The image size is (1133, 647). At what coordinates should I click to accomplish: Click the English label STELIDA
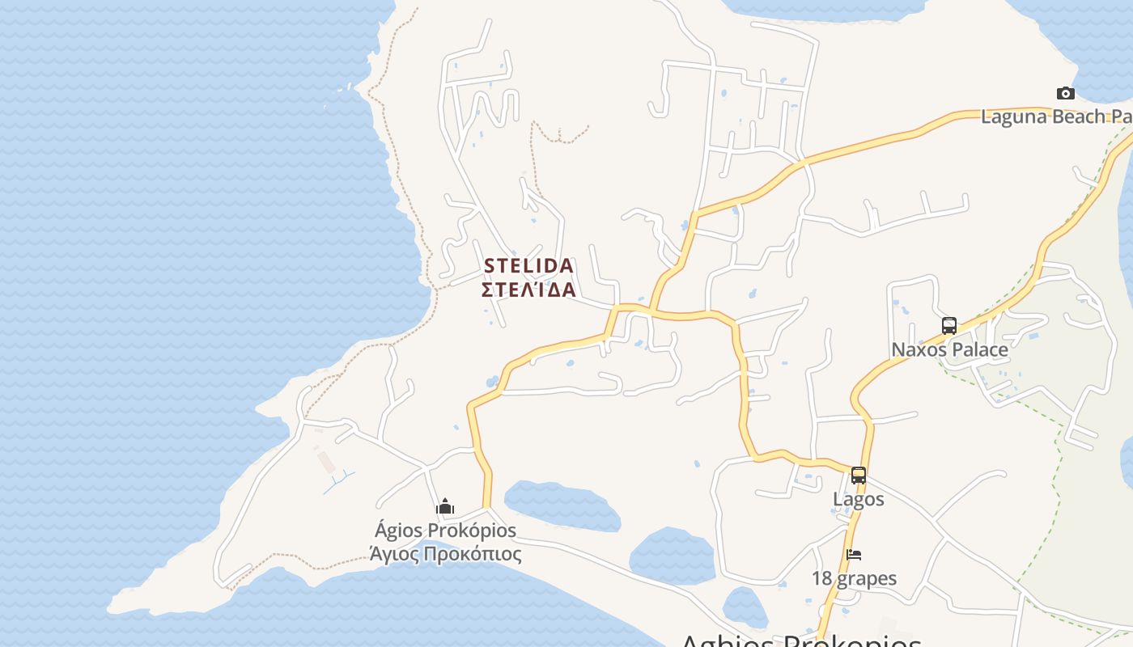(x=528, y=265)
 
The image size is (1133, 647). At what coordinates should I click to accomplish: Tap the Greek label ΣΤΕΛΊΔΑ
(x=528, y=290)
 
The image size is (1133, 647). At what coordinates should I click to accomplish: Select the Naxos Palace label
(x=949, y=349)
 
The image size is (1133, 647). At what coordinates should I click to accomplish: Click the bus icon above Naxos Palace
(x=949, y=326)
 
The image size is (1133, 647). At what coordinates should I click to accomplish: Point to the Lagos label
(x=859, y=499)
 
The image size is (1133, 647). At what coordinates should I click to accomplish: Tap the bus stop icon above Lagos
(x=859, y=476)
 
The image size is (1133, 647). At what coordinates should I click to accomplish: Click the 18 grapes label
(x=854, y=578)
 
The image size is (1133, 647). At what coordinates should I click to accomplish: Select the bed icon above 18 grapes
(x=854, y=555)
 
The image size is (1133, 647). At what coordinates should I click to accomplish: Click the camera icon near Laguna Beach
(x=1066, y=93)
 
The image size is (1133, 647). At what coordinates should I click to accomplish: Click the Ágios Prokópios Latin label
(x=445, y=531)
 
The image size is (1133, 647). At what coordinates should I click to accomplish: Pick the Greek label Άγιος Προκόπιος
(x=445, y=554)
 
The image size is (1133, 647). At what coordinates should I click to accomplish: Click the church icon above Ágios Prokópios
(x=445, y=507)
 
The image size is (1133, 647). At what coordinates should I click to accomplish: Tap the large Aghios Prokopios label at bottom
(x=801, y=641)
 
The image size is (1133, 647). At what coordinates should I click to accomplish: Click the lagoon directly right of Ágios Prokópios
(x=562, y=505)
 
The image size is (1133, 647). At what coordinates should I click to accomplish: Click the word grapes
(x=867, y=579)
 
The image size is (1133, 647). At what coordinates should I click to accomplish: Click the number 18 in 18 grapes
(x=822, y=578)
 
